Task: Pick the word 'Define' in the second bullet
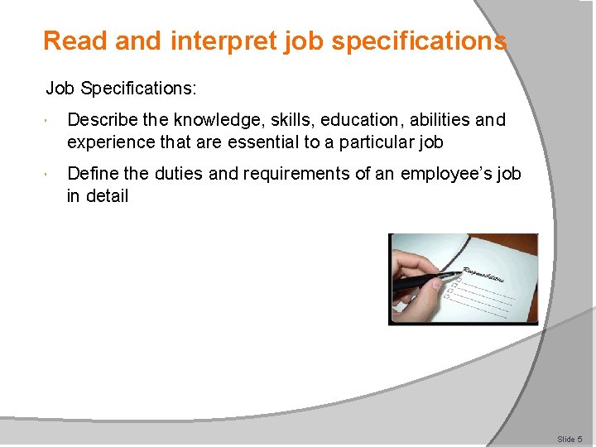(x=92, y=174)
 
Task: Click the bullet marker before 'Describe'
(x=50, y=121)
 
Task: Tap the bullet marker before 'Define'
(x=50, y=175)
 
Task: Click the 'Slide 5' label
(x=570, y=439)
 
